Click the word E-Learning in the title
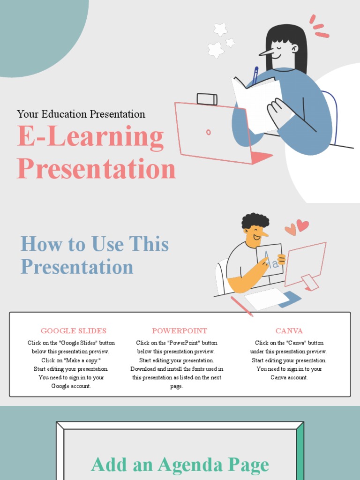[90, 138]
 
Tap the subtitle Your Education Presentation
[81, 114]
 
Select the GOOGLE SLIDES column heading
[74, 331]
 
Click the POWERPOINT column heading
[180, 331]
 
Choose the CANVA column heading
[289, 331]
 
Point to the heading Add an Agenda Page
[180, 465]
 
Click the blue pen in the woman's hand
[255, 75]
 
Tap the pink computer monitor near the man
[305, 263]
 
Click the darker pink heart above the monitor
[303, 225]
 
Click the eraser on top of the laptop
[207, 99]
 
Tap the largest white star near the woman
[216, 50]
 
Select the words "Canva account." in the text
[289, 378]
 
